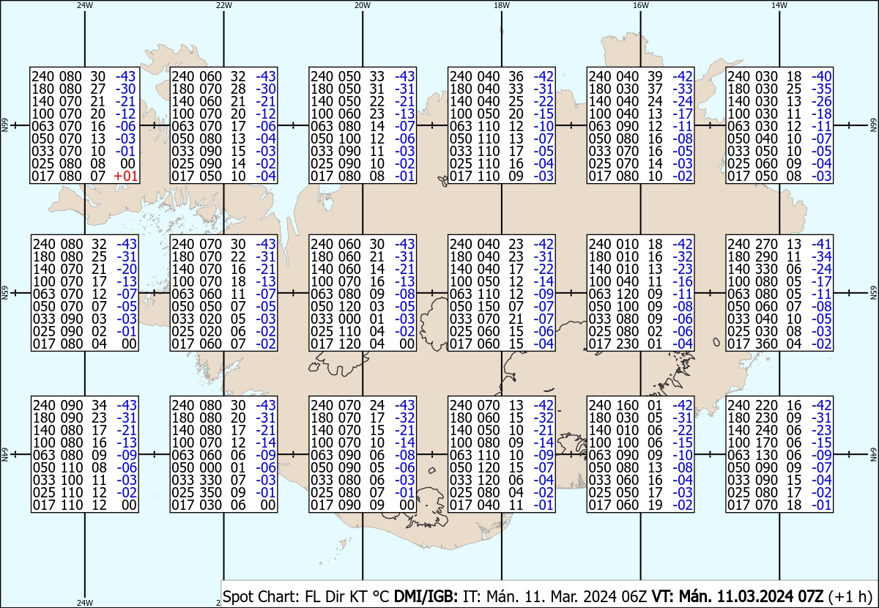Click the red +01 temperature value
125,177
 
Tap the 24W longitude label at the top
85,5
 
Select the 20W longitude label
363,5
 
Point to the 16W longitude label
640,5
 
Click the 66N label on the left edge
4,125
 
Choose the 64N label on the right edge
874,454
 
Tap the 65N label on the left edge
4,293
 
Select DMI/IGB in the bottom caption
426,596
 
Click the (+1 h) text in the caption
850,596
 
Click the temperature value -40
822,76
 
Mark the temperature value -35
822,89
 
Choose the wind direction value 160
628,405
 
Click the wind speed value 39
656,76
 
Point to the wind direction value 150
489,306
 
